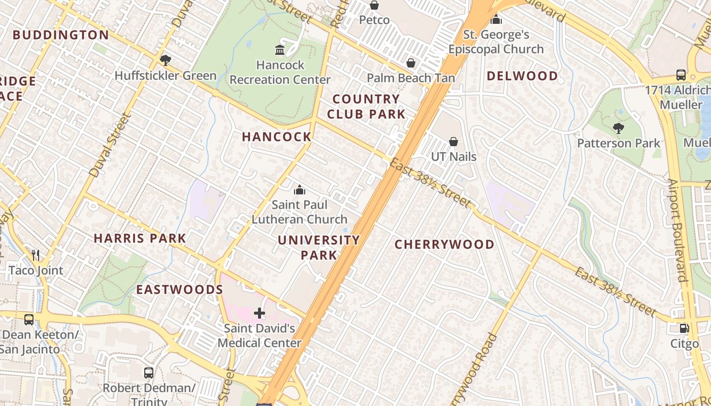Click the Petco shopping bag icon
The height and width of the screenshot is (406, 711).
pyautogui.click(x=374, y=5)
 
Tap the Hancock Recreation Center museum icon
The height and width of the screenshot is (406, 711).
pyautogui.click(x=280, y=50)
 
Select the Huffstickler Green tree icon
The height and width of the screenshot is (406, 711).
pyautogui.click(x=165, y=60)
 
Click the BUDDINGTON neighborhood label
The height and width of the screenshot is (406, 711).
pyautogui.click(x=61, y=35)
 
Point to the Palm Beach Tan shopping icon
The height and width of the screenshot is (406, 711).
pyautogui.click(x=411, y=63)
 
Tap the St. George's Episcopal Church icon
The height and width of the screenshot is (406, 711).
pyautogui.click(x=496, y=20)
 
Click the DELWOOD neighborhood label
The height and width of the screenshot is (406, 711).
pyautogui.click(x=522, y=76)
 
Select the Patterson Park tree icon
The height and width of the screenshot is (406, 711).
pyautogui.click(x=618, y=128)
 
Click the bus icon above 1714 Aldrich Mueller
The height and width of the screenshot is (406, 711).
pyautogui.click(x=681, y=75)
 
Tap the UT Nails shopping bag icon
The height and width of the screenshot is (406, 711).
pyautogui.click(x=454, y=142)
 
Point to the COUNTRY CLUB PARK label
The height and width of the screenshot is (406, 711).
pyautogui.click(x=366, y=107)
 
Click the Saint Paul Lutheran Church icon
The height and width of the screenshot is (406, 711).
pyautogui.click(x=300, y=190)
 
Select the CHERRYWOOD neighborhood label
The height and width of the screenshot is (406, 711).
pyautogui.click(x=444, y=245)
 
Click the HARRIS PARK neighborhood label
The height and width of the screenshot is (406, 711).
pyautogui.click(x=140, y=238)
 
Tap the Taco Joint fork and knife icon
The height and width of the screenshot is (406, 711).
pyautogui.click(x=36, y=255)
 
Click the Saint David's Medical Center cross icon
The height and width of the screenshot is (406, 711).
pyautogui.click(x=260, y=313)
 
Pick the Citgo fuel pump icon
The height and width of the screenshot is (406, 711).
pyautogui.click(x=684, y=328)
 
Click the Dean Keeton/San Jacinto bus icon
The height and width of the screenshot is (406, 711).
pyautogui.click(x=29, y=319)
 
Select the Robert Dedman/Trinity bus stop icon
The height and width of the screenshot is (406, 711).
pyautogui.click(x=149, y=373)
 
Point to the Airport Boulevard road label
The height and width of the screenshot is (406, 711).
pyautogui.click(x=677, y=231)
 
